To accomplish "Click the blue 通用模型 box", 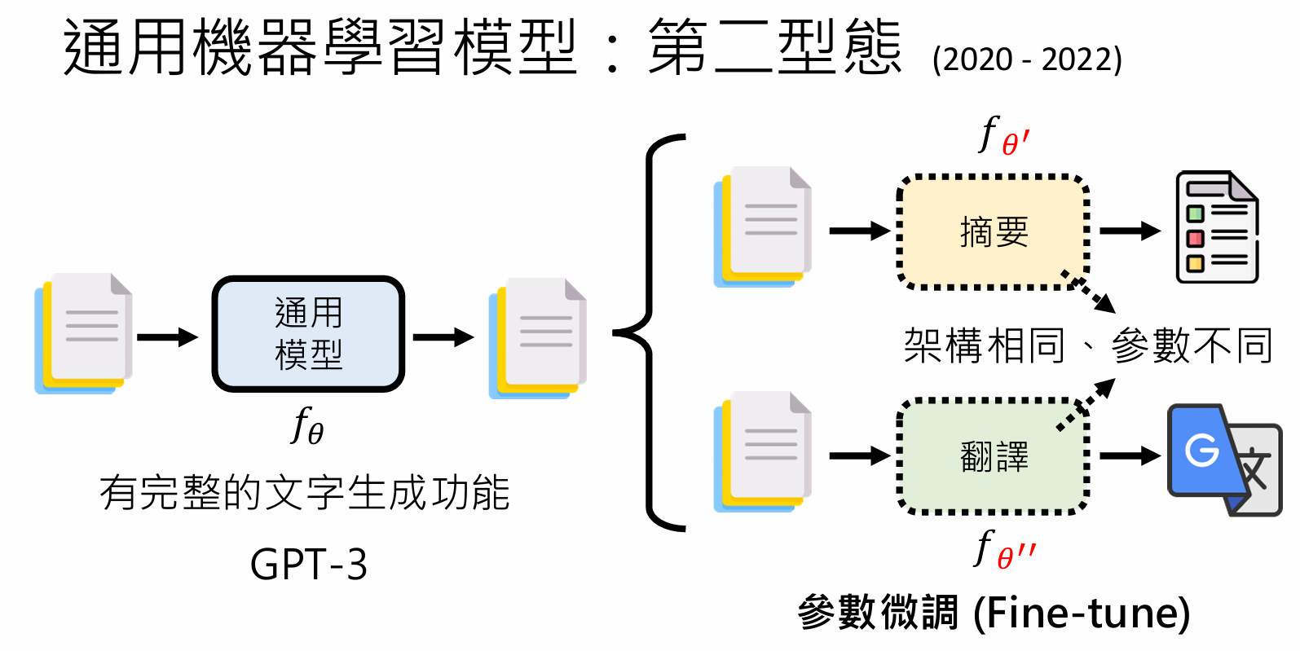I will coord(308,333).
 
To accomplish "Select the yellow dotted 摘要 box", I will coord(994,231).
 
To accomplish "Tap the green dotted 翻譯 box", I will coord(994,456).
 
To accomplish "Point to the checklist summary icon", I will coord(1217,227).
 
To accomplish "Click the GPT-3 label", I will coord(308,564).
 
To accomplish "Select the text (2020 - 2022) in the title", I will coord(1027,59).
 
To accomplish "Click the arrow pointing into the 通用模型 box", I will coord(167,336).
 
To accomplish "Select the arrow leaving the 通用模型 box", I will coord(443,336).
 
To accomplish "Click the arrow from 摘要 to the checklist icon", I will coord(1130,231).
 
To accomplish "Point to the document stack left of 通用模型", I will coord(83,333).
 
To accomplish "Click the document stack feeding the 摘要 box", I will coord(762,227).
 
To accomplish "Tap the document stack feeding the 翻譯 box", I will coord(762,452).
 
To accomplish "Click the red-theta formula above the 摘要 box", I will coord(1004,136).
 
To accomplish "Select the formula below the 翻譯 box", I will coord(1004,549).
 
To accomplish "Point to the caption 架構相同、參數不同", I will coord(1088,345).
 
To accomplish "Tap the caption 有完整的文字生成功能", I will coord(305,493).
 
